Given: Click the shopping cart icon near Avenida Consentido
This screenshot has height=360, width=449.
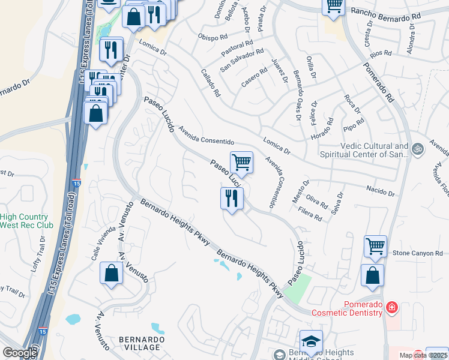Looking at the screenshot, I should click(241, 161).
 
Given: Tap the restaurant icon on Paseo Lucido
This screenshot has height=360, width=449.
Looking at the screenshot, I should click(231, 197).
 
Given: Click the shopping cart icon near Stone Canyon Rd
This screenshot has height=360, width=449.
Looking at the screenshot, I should click(375, 245).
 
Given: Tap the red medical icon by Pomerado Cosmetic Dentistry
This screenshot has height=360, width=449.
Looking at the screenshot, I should click(391, 308).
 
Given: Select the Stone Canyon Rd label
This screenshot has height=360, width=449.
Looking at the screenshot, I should click(417, 254).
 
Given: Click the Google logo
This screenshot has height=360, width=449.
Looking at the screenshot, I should click(19, 352).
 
